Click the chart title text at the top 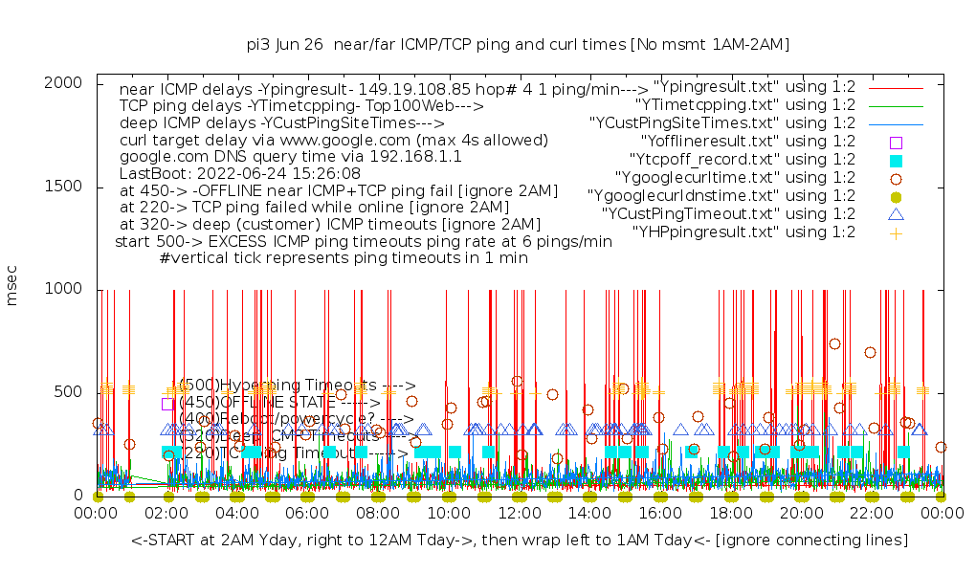[518, 45]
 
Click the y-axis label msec [12, 287]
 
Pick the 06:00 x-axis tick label [307, 514]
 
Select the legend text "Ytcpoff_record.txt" [742, 160]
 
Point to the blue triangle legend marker [896, 214]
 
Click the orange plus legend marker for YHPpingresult [896, 232]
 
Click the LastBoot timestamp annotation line [239, 174]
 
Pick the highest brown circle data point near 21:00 [834, 344]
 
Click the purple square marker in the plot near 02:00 [168, 404]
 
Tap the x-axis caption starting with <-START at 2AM [520, 541]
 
